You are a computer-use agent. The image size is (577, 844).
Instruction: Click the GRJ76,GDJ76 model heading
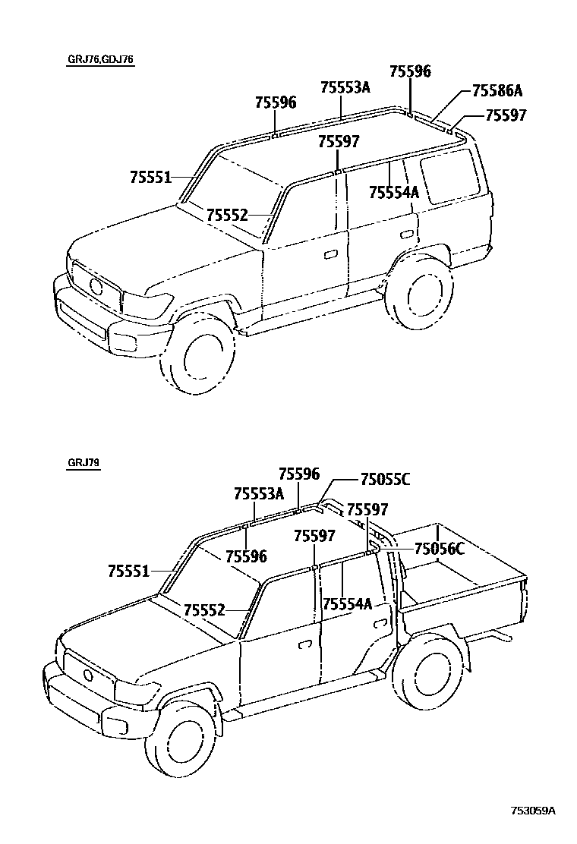coord(99,60)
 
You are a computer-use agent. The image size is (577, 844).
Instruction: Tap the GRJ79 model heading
coord(83,462)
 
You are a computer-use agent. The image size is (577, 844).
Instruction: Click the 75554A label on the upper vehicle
coord(393,193)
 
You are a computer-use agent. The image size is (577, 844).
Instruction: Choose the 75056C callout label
coord(439,549)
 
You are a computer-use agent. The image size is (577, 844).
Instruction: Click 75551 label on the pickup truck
coord(128,571)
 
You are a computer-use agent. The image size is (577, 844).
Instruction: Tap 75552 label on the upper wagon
coord(227,216)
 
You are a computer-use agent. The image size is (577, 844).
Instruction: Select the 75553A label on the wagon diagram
coord(345,87)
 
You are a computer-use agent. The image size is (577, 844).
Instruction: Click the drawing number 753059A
coord(534,811)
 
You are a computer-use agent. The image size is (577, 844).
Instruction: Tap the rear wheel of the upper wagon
coord(420,294)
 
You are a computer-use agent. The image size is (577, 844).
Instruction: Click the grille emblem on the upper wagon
coord(96,287)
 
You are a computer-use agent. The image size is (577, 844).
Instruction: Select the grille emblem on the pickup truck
coord(87,676)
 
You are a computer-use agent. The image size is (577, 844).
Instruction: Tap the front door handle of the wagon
coord(331,254)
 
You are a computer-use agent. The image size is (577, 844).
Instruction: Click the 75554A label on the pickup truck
coord(347,604)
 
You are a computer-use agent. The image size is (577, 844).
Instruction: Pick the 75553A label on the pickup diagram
coord(258,494)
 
